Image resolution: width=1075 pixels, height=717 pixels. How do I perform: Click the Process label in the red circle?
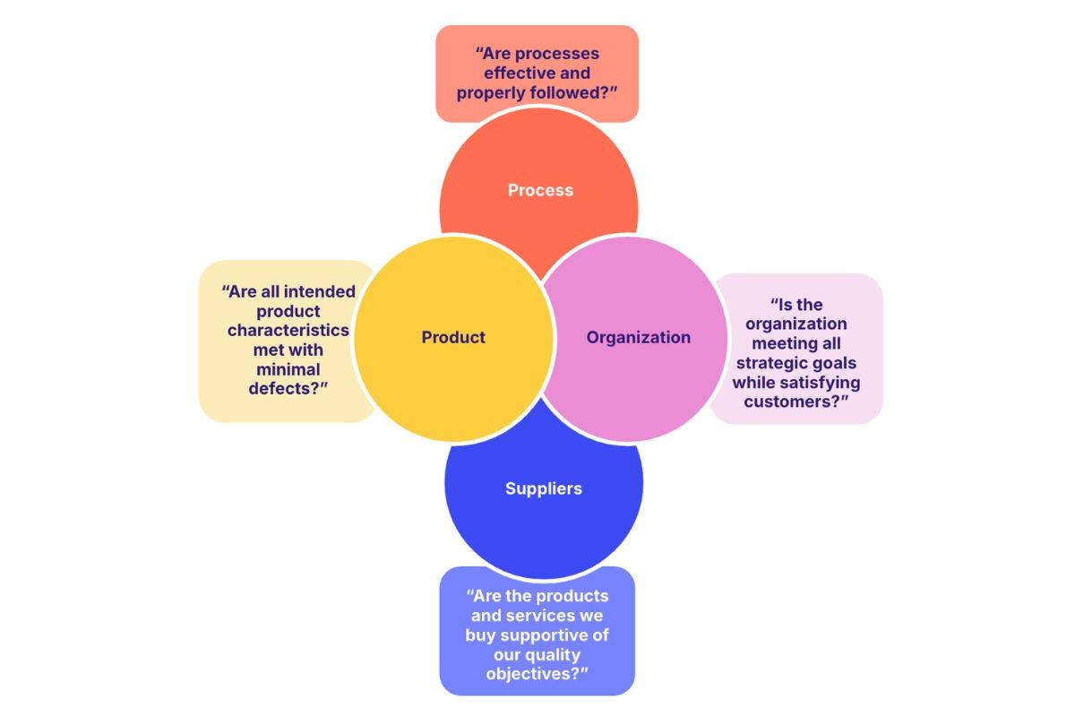[540, 190]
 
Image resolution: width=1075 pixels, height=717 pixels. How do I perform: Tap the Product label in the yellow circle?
[453, 337]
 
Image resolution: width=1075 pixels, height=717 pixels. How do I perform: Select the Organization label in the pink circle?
[638, 337]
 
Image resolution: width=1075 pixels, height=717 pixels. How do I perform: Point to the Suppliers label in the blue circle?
[543, 488]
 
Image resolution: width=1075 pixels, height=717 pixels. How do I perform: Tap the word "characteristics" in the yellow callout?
[288, 330]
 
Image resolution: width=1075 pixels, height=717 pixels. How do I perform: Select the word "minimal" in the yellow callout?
[288, 368]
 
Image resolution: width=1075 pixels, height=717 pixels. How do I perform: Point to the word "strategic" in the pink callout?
[776, 362]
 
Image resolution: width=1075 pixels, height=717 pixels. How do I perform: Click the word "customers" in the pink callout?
[792, 401]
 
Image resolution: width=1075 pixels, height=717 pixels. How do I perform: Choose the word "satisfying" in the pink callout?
[821, 382]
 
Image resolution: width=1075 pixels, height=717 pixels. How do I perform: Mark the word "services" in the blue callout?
[562, 616]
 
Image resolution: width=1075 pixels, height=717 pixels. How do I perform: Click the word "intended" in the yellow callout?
[315, 291]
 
